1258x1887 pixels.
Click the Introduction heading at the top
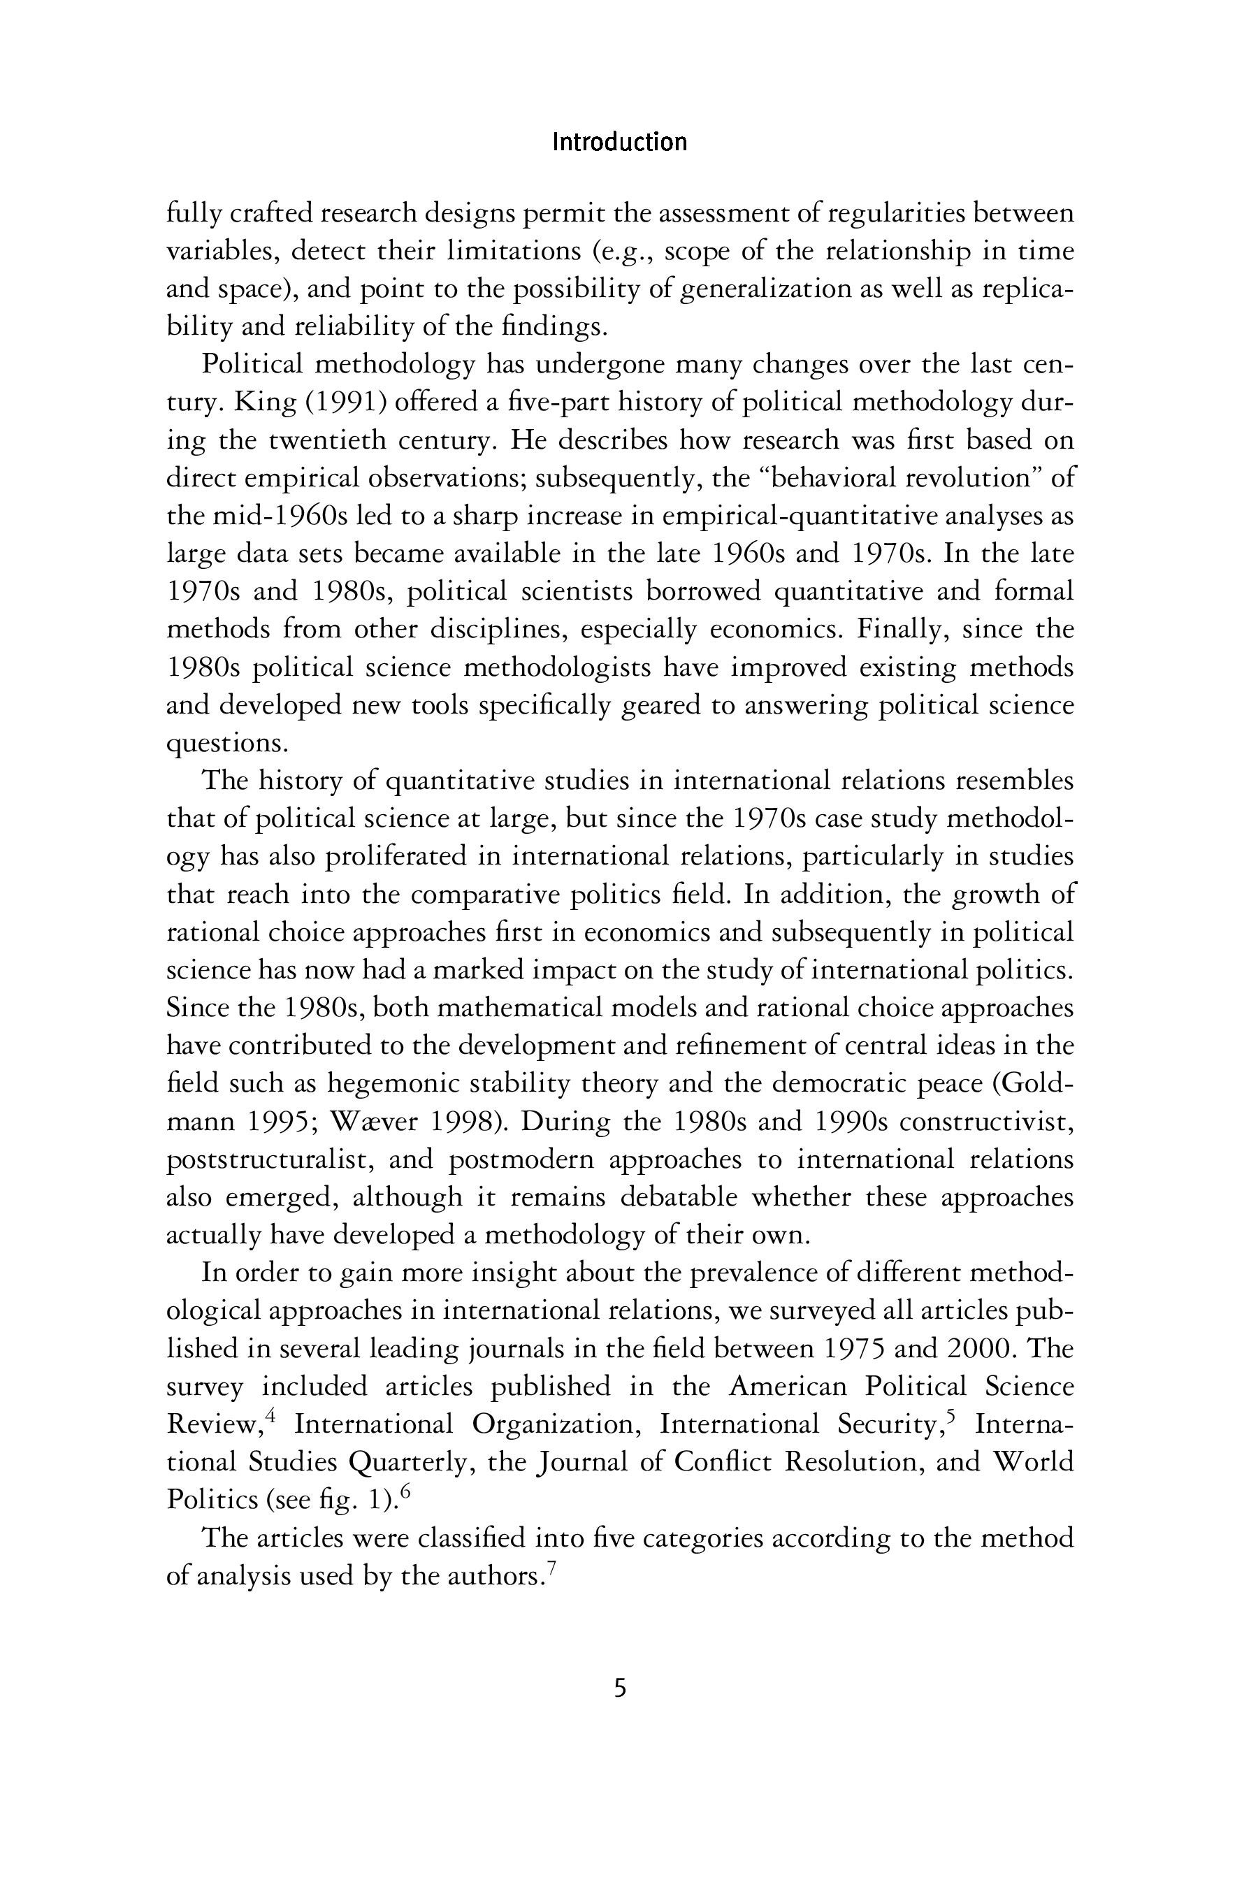(619, 143)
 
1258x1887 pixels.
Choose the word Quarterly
(407, 1463)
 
